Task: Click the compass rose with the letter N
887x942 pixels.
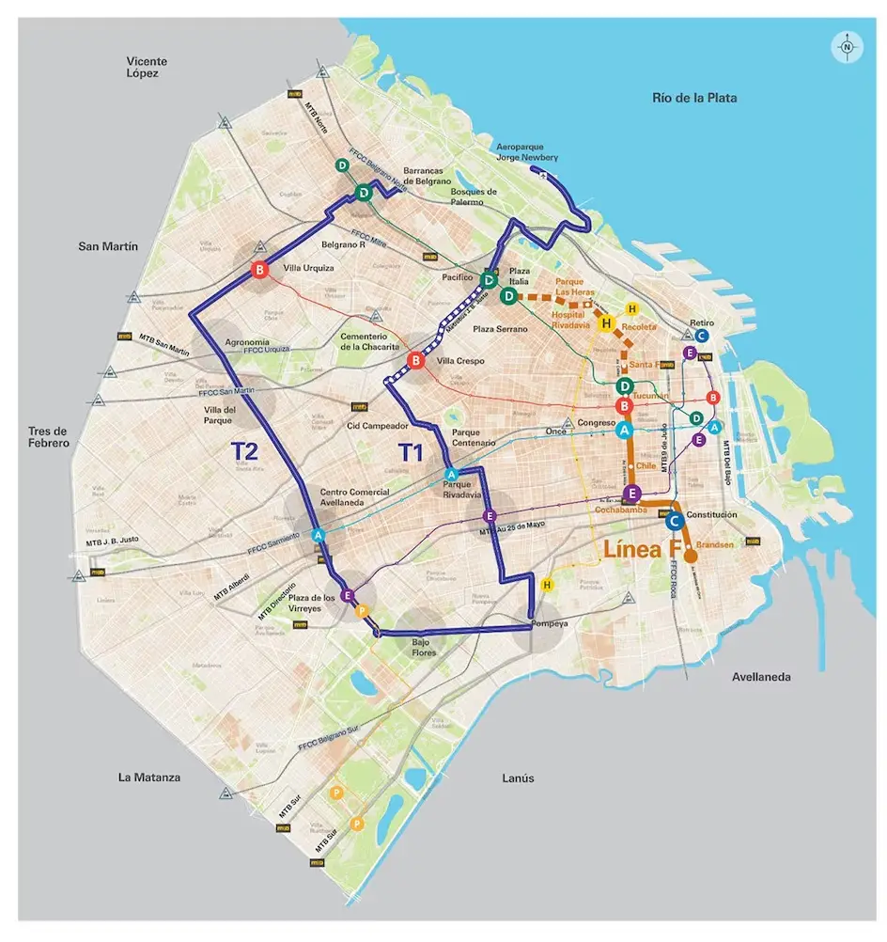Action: [847, 46]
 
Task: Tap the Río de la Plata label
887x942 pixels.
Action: [694, 98]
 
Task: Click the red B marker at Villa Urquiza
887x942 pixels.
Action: [259, 271]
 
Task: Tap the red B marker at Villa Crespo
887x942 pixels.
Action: [416, 360]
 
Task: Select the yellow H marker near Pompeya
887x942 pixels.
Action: [548, 585]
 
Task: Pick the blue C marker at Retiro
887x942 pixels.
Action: [703, 336]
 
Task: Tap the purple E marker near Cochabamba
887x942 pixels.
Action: [632, 494]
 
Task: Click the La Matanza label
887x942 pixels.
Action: [149, 777]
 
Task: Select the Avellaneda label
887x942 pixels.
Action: [761, 677]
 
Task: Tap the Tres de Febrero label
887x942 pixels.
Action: [49, 437]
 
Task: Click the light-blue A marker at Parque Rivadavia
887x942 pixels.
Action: [451, 474]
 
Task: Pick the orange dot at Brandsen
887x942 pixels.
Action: [691, 556]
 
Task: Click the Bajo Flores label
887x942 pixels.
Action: [427, 647]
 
